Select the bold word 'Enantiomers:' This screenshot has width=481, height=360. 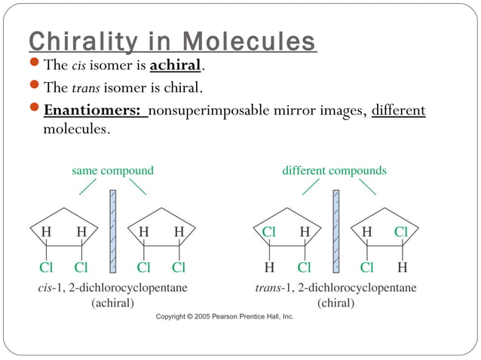click(93, 111)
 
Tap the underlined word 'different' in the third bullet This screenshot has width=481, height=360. click(398, 111)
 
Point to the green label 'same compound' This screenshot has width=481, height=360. click(112, 170)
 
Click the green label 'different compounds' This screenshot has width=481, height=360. click(334, 170)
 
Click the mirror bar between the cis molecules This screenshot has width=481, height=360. click(112, 230)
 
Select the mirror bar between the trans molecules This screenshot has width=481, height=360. click(335, 230)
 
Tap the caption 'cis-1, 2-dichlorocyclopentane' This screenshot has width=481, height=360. click(113, 288)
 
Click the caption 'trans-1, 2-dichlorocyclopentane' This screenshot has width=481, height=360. click(335, 288)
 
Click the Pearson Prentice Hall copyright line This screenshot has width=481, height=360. click(225, 317)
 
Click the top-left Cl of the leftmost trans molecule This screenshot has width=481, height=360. click(269, 233)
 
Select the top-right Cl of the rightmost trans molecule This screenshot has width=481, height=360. click(402, 233)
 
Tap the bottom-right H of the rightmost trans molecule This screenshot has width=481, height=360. click(402, 267)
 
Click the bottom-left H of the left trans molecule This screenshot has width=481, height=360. click(269, 267)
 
